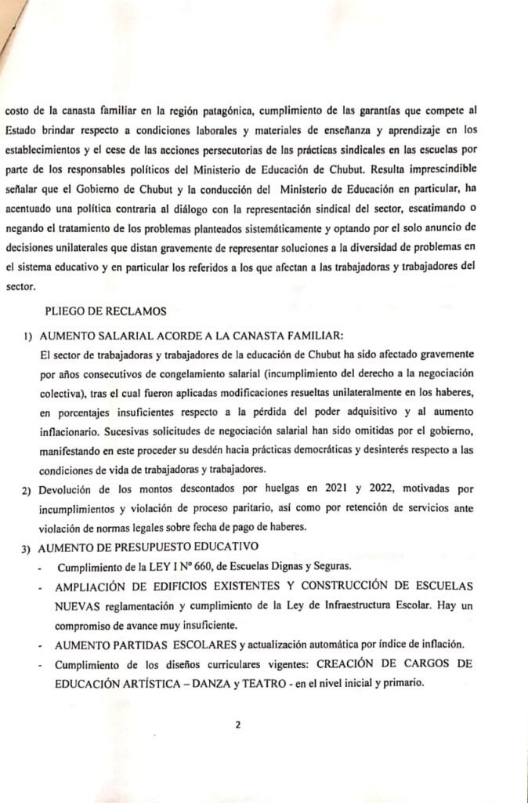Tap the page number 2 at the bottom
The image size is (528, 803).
pyautogui.click(x=237, y=724)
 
